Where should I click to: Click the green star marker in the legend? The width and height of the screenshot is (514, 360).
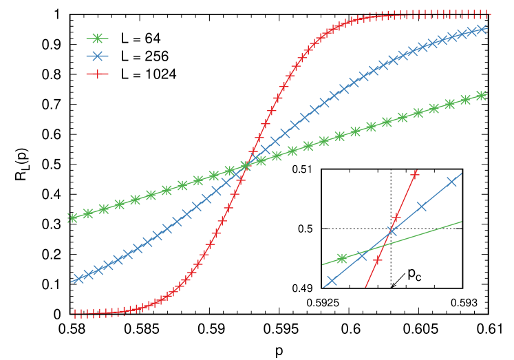[97, 39]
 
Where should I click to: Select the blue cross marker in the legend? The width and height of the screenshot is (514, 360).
[97, 56]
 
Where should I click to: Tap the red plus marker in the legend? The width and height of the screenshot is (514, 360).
[97, 74]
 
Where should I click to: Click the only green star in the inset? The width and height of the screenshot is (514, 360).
[342, 259]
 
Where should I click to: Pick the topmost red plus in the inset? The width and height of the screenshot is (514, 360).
[414, 175]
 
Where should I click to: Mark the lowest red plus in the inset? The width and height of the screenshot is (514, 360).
[377, 261]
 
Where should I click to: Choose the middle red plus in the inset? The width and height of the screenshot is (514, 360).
[396, 218]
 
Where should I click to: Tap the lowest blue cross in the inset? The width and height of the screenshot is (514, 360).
[332, 281]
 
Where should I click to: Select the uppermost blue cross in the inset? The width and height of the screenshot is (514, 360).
[452, 182]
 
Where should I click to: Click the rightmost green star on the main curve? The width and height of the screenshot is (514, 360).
[482, 96]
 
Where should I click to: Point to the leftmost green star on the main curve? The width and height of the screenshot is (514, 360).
[72, 218]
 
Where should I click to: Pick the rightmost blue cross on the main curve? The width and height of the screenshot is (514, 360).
[482, 30]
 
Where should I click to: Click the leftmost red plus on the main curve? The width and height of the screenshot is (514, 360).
[75, 314]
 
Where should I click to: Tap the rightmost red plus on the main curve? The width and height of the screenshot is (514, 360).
[488, 13]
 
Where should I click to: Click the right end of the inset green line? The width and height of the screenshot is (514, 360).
[461, 222]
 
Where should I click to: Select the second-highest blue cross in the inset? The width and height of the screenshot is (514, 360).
[421, 207]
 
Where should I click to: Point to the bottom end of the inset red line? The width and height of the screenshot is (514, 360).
[365, 287]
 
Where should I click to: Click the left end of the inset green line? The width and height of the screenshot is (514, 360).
[323, 264]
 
